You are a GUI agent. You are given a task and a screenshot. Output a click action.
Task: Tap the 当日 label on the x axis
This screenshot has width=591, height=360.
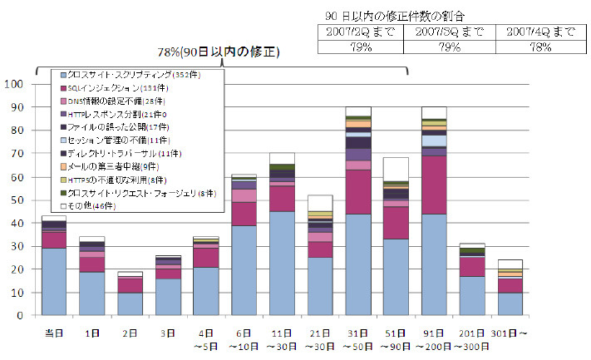click(54, 333)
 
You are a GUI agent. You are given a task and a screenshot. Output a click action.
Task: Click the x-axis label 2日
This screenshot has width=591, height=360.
click(131, 333)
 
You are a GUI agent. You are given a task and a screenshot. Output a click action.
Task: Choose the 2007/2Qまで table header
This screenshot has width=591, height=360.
click(361, 32)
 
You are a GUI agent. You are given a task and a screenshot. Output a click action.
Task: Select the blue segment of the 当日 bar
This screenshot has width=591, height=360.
click(54, 282)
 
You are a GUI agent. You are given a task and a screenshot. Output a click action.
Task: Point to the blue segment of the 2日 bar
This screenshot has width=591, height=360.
click(131, 304)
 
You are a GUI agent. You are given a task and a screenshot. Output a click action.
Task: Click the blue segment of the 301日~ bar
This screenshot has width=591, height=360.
click(510, 304)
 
